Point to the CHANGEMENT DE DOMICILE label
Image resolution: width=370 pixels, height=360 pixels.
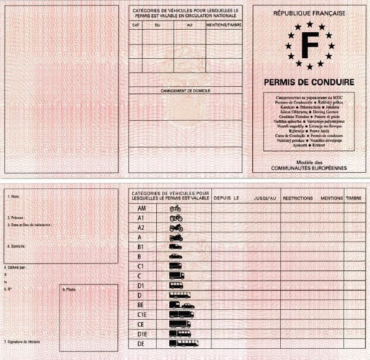185,90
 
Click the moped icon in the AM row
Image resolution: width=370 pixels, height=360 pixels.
175,208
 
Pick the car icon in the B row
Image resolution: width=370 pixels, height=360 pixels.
175,256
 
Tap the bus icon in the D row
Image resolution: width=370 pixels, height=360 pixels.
176,295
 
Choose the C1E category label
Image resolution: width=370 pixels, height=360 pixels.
141,314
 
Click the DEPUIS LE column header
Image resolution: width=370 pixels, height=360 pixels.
226,198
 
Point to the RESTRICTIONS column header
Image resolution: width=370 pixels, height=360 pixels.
297,198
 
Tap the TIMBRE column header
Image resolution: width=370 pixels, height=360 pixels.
353,198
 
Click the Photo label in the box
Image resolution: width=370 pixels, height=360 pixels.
69,289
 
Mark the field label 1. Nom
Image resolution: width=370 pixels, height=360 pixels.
12,196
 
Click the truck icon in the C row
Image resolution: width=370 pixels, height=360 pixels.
175,275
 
